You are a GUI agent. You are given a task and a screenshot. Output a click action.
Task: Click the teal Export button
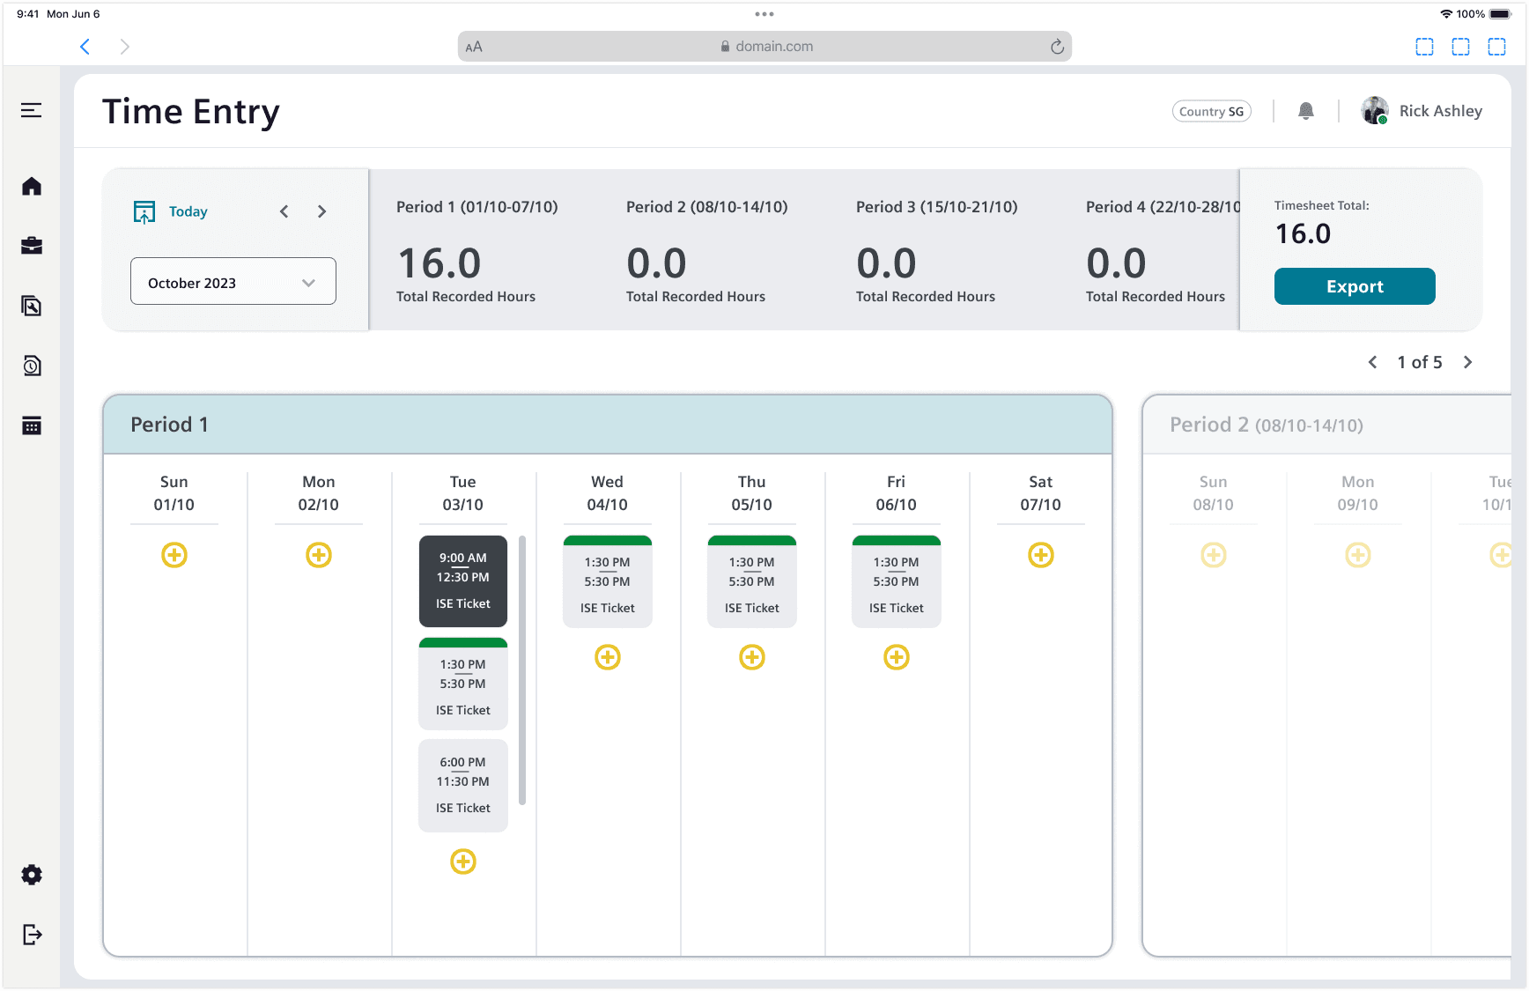(x=1355, y=286)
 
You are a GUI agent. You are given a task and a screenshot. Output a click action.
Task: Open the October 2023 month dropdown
(x=233, y=282)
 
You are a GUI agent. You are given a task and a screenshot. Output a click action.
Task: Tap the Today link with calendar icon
(x=171, y=211)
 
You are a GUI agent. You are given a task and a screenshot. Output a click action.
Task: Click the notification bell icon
(x=1306, y=111)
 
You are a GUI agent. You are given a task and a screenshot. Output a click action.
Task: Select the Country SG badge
(x=1211, y=111)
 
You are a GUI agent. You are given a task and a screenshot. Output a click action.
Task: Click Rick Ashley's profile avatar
(x=1374, y=111)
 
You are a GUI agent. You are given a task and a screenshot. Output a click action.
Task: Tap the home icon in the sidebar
(x=32, y=186)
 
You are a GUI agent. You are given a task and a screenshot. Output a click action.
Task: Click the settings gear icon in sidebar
(x=32, y=875)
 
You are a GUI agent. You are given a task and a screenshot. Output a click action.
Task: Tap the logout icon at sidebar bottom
(x=32, y=935)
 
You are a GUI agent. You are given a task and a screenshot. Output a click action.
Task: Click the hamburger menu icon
(x=32, y=110)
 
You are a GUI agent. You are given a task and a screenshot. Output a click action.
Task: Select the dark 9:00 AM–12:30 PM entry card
(x=463, y=581)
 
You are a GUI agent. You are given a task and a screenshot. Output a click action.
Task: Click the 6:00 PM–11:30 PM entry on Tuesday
(x=463, y=786)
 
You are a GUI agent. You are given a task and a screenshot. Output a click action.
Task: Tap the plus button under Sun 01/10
(x=174, y=555)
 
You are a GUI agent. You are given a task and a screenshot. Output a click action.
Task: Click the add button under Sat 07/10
(x=1041, y=555)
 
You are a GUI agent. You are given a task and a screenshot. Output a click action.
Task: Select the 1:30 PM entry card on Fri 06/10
(x=897, y=581)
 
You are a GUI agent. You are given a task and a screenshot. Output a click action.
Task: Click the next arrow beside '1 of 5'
(x=1468, y=362)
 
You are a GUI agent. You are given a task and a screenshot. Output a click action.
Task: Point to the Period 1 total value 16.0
(x=439, y=263)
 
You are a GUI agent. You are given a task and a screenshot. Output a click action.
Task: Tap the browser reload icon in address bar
(x=1057, y=47)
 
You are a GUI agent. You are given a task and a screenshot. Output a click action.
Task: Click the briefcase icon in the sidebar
(x=32, y=246)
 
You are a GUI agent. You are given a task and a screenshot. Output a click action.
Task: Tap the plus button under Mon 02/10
(x=319, y=555)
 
